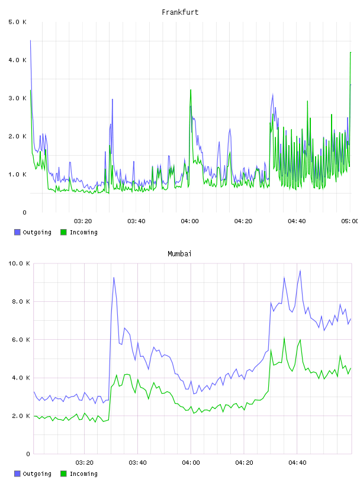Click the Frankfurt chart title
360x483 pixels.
pyautogui.click(x=180, y=12)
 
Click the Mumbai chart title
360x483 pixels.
pyautogui.click(x=179, y=254)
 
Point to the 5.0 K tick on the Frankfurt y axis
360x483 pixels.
pyautogui.click(x=18, y=22)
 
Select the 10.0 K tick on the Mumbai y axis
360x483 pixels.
pyautogui.click(x=19, y=263)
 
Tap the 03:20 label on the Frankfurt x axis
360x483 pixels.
pyautogui.click(x=83, y=221)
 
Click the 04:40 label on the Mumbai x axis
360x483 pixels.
pyautogui.click(x=297, y=462)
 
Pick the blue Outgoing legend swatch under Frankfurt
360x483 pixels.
pyautogui.click(x=17, y=232)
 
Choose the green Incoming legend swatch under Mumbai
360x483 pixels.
pyautogui.click(x=63, y=474)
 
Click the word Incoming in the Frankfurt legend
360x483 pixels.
pyautogui.click(x=83, y=232)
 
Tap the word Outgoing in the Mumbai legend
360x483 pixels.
pyautogui.click(x=37, y=474)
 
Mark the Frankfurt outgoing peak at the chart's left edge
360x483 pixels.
pyautogui.click(x=31, y=40)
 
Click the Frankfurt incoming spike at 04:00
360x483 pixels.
pyautogui.click(x=191, y=89)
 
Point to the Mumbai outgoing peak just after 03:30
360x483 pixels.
pyautogui.click(x=114, y=278)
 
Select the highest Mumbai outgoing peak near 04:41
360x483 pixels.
pyautogui.click(x=300, y=271)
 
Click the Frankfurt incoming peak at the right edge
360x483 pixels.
pyautogui.click(x=351, y=52)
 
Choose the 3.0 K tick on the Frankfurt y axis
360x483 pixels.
pyautogui.click(x=18, y=98)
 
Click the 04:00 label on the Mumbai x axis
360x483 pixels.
pyautogui.click(x=191, y=462)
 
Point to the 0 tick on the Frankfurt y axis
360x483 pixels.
pyautogui.click(x=24, y=212)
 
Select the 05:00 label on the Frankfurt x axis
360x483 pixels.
pyautogui.click(x=350, y=221)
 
